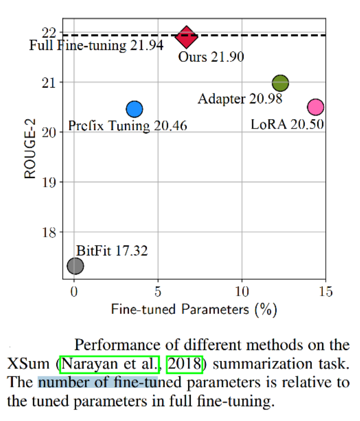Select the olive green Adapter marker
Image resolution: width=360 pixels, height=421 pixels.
(x=281, y=83)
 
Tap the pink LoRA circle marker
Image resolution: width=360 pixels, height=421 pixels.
(x=315, y=107)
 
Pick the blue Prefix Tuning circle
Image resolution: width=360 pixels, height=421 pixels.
(x=135, y=109)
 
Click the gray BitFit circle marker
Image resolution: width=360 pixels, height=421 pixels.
(x=75, y=266)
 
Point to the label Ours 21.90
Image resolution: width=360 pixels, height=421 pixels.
(x=211, y=57)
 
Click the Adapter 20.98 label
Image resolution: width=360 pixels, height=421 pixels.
(x=240, y=98)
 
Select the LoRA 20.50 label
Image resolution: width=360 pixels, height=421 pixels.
(x=287, y=125)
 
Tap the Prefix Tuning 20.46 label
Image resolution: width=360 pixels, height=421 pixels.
(x=127, y=126)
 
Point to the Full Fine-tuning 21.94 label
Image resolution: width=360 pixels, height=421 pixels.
(x=96, y=46)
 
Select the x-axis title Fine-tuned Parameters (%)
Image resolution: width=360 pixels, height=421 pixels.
(x=194, y=309)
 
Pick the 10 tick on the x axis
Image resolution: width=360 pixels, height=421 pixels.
(x=242, y=291)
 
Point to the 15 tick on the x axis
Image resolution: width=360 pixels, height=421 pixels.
(x=326, y=291)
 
